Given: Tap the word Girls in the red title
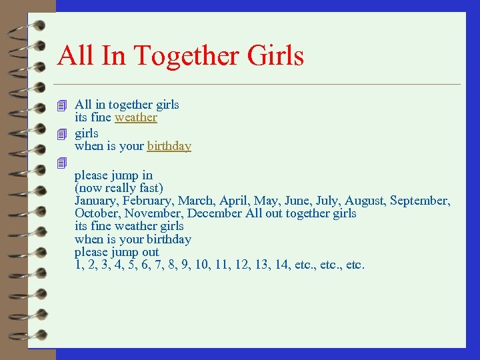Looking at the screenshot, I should pyautogui.click(x=275, y=56).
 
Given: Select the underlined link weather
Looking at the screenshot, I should pyautogui.click(x=136, y=117).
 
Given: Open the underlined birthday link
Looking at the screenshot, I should pyautogui.click(x=169, y=146).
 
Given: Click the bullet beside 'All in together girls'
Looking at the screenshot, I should pyautogui.click(x=62, y=105).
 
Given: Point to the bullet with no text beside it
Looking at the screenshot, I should pyautogui.click(x=62, y=162).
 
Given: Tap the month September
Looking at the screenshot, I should pyautogui.click(x=419, y=201).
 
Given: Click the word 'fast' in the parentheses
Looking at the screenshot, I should pyautogui.click(x=151, y=188).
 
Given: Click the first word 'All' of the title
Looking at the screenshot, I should pyautogui.click(x=75, y=56).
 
